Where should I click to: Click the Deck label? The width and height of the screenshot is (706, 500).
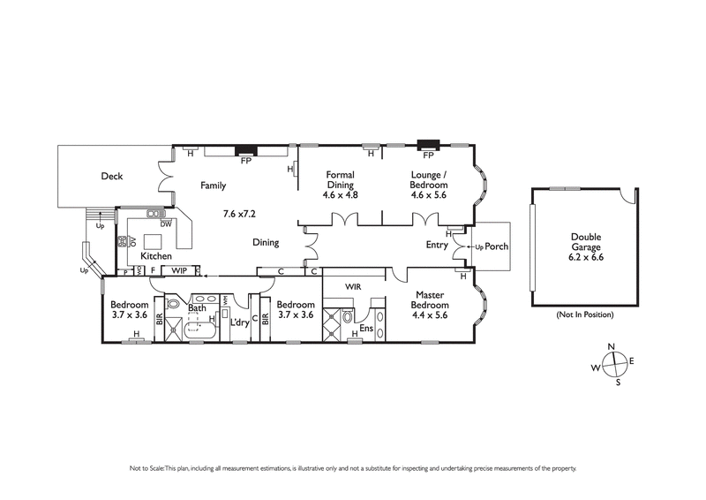[111, 177]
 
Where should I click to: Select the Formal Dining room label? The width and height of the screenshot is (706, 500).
[340, 180]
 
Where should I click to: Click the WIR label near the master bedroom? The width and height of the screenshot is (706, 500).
[354, 287]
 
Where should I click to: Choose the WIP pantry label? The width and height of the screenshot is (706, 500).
[179, 270]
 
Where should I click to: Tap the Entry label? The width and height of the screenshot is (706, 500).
[437, 245]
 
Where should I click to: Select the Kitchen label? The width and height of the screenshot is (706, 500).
[156, 256]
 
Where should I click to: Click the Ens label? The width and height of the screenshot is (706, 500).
[367, 329]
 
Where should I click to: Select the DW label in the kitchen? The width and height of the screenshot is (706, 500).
[165, 224]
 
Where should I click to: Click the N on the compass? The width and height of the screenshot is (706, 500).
[610, 347]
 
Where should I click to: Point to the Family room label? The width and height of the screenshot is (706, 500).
[213, 186]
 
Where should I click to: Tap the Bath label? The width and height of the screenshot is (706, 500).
[198, 307]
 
